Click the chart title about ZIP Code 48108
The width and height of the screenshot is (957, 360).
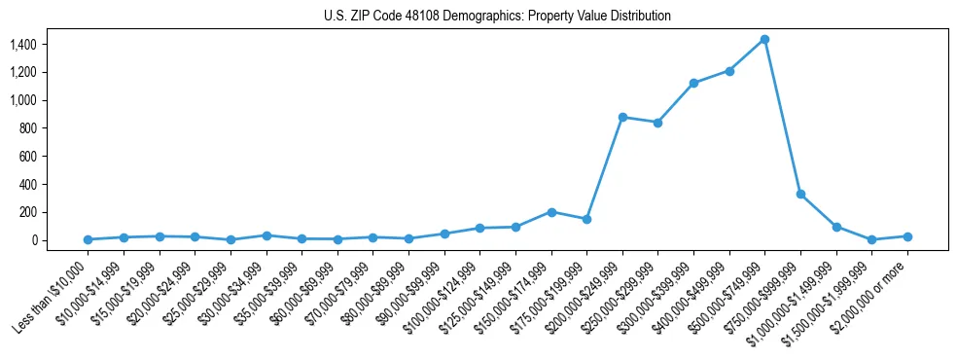(x=496, y=17)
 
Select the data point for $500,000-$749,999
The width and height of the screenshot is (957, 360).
(x=764, y=40)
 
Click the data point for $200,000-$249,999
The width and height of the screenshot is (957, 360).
(x=622, y=117)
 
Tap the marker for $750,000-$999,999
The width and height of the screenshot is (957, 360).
(x=800, y=195)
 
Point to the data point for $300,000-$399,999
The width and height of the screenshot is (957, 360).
(x=693, y=83)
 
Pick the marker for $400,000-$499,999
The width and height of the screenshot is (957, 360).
(x=729, y=71)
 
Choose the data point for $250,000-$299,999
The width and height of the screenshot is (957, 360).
(x=658, y=123)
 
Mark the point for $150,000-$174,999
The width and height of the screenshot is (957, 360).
(x=551, y=212)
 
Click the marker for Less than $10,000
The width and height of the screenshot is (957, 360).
(x=88, y=239)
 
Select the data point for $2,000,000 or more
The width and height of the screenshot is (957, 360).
(x=907, y=236)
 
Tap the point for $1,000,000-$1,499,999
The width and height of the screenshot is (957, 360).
(x=836, y=227)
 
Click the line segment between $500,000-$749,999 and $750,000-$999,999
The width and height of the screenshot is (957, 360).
(x=783, y=117)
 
